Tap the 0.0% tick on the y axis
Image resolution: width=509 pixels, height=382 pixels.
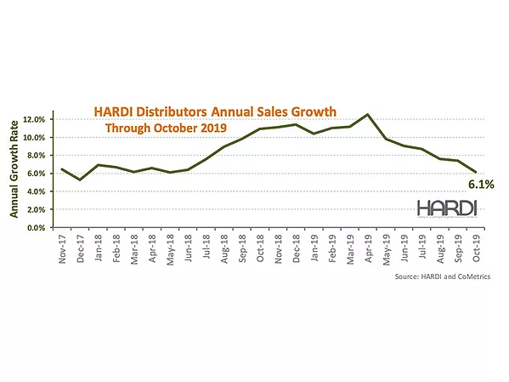[39, 228]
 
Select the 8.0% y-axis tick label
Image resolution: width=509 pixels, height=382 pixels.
[39, 156]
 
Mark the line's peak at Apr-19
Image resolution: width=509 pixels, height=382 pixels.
[368, 114]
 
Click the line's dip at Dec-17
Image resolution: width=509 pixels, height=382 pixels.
[80, 180]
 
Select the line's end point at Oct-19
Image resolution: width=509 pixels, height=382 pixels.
[476, 173]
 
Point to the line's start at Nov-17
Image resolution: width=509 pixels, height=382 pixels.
[62, 169]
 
